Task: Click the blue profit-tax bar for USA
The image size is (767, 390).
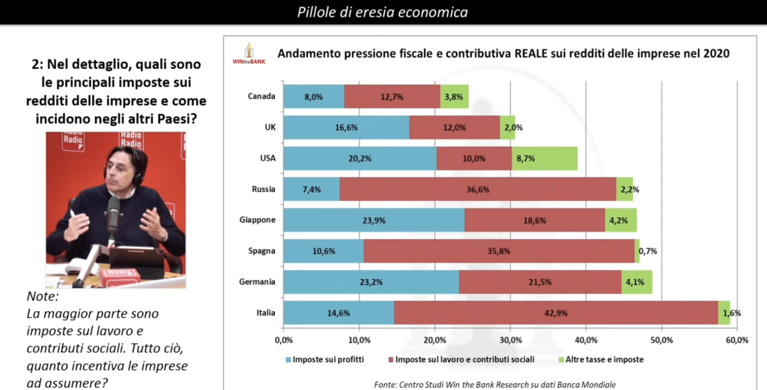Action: [360, 158]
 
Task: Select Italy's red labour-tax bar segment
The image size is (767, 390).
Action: [556, 313]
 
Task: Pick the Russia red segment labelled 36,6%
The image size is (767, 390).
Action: [478, 189]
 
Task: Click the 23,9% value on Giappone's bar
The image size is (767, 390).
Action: [374, 220]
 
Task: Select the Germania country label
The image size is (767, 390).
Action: [257, 282]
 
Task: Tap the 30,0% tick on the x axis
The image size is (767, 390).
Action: [511, 340]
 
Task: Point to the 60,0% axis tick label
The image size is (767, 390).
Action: [737, 340]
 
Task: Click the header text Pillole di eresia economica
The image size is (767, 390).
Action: [383, 12]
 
